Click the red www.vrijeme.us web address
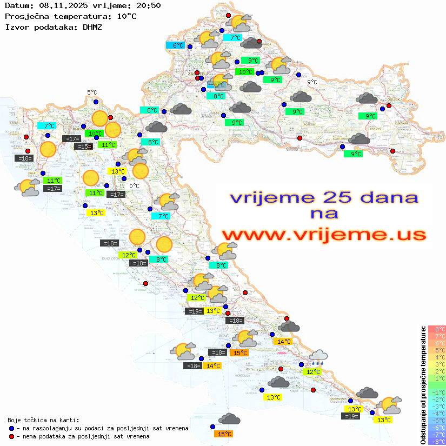(x=323, y=235)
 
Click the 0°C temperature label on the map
(x=134, y=186)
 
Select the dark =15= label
(x=82, y=147)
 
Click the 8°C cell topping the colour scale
(x=436, y=329)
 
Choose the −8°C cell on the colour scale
(x=436, y=441)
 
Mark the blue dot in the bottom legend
(x=12, y=428)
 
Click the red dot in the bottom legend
(x=12, y=436)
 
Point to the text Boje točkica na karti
(x=43, y=420)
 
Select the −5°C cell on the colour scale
(x=436, y=420)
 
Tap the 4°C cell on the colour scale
(x=436, y=357)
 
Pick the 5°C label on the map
(x=92, y=93)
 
